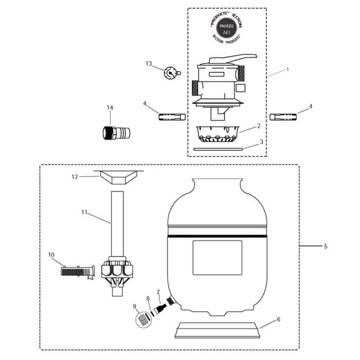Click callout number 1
pyautogui.click(x=287, y=69)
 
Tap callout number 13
pyautogui.click(x=149, y=64)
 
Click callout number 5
pyautogui.click(x=326, y=246)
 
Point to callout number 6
pyautogui.click(x=278, y=319)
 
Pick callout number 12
pyautogui.click(x=75, y=176)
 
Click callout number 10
pyautogui.click(x=51, y=254)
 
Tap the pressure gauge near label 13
pyautogui.click(x=171, y=74)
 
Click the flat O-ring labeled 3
pyautogui.click(x=218, y=149)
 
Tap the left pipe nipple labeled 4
pyautogui.click(x=171, y=117)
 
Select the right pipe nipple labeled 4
pyautogui.click(x=282, y=117)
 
